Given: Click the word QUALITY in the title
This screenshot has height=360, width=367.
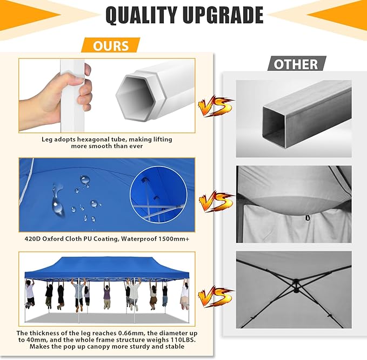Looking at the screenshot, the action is click(x=141, y=15).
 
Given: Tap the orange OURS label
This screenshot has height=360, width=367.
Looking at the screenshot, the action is click(x=111, y=45).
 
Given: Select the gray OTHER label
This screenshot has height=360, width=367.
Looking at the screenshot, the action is click(x=296, y=64).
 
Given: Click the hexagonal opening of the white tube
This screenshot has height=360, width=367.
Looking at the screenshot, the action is click(x=136, y=97).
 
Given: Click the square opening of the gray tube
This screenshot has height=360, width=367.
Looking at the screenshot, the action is click(x=275, y=127).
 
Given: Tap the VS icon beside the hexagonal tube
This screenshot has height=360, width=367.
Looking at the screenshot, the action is click(x=216, y=106).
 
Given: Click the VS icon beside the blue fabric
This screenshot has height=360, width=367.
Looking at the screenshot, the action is click(x=216, y=202).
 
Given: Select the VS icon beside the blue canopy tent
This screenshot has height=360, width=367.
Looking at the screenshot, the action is click(x=216, y=296).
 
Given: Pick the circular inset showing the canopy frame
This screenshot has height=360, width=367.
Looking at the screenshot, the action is click(x=159, y=195).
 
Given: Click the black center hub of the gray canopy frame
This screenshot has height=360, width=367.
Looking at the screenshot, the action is click(x=296, y=285).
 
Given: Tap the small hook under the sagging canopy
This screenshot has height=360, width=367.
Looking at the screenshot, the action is click(x=307, y=218).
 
